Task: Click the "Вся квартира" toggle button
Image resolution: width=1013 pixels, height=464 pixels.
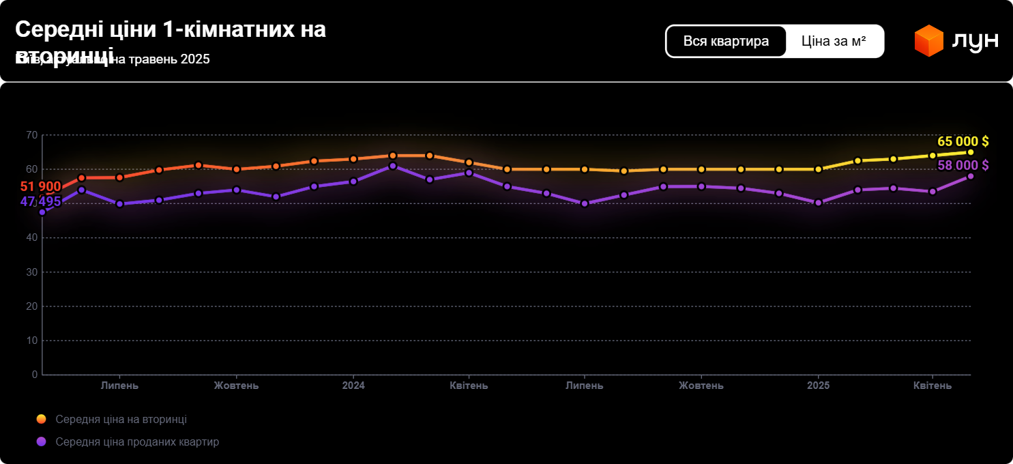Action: [x=726, y=41]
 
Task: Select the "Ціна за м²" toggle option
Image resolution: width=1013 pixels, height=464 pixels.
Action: [x=834, y=41]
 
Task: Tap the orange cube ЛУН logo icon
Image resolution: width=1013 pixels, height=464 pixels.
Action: [x=928, y=41]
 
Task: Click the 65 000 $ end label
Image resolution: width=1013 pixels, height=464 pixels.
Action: [x=963, y=141]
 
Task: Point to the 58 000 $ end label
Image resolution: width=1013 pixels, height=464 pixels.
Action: [x=963, y=165]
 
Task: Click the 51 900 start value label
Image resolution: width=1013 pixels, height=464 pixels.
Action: [x=41, y=187]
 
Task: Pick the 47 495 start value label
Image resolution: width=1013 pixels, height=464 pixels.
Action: [x=41, y=202]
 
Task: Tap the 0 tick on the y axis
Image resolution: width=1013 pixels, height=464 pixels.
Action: [x=35, y=375]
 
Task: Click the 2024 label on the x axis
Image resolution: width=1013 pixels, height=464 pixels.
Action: [x=353, y=386]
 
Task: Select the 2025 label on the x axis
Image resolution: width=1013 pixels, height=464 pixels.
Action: [x=818, y=386]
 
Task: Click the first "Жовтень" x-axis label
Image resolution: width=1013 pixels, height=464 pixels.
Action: [x=236, y=386]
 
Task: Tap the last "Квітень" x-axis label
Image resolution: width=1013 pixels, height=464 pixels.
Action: [x=933, y=386]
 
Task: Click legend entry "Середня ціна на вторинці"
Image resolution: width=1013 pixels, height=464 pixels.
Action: [x=121, y=419]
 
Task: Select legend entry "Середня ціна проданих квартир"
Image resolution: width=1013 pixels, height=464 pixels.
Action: [x=137, y=441]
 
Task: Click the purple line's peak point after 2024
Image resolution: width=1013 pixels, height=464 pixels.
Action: [x=392, y=166]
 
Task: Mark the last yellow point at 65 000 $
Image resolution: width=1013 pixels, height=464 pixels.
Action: [x=971, y=152]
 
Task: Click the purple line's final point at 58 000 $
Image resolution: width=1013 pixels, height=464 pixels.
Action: [x=971, y=176]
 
